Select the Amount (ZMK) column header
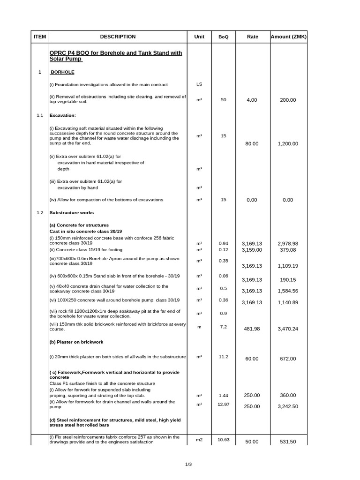pyautogui.click(x=288, y=37)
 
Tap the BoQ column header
pyautogui.click(x=224, y=37)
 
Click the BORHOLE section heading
pyautogui.click(x=62, y=73)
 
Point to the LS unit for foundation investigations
pyautogui.click(x=199, y=84)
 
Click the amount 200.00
pyautogui.click(x=288, y=100)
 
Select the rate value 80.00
pyautogui.click(x=252, y=144)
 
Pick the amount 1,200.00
pyautogui.click(x=288, y=144)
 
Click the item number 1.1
pyautogui.click(x=40, y=115)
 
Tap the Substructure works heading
pyautogui.click(x=72, y=213)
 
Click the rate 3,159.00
pyautogui.click(x=252, y=250)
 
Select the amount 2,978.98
pyautogui.click(x=288, y=244)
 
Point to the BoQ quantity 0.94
pyautogui.click(x=223, y=243)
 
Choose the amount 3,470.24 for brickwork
pyautogui.click(x=288, y=329)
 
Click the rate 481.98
pyautogui.click(x=252, y=329)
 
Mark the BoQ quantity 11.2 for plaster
pyautogui.click(x=223, y=357)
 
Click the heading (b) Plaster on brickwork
pyautogui.click(x=76, y=342)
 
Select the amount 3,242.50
pyautogui.click(x=288, y=406)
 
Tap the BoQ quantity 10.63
pyautogui.click(x=223, y=439)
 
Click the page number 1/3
pyautogui.click(x=188, y=465)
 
